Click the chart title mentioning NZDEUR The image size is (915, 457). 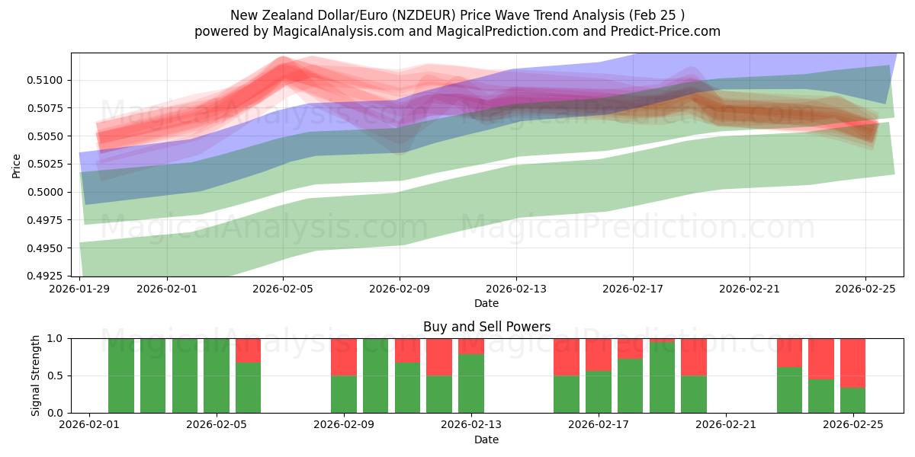[457, 14]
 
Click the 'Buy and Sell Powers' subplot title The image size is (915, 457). [486, 327]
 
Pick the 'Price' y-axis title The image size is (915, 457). [17, 165]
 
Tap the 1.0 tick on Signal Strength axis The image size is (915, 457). [57, 338]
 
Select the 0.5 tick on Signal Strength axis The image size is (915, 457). [57, 376]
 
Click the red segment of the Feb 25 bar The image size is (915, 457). [852, 363]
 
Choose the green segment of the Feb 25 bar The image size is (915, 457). [852, 401]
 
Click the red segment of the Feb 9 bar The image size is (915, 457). [344, 356]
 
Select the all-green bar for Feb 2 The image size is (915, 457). [121, 376]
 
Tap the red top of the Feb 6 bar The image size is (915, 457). [249, 350]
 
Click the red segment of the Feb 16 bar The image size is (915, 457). [567, 356]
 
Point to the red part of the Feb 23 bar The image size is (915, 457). [789, 353]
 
